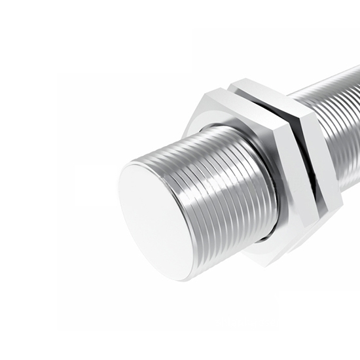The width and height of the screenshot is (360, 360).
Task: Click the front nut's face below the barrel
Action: coord(262,245)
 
